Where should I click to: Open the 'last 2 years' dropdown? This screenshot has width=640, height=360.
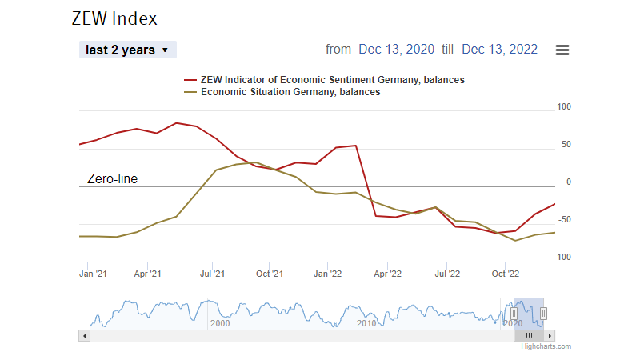pyautogui.click(x=128, y=50)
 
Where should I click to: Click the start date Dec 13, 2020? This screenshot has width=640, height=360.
pyautogui.click(x=397, y=50)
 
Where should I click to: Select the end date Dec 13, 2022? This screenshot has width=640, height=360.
pyautogui.click(x=500, y=50)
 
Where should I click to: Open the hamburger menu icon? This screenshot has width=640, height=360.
pyautogui.click(x=562, y=50)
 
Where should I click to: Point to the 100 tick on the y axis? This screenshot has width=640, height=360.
pyautogui.click(x=563, y=107)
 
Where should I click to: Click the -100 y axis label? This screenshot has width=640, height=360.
pyautogui.click(x=562, y=257)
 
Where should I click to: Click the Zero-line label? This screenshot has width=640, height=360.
pyautogui.click(x=112, y=179)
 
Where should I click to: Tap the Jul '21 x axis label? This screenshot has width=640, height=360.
pyautogui.click(x=211, y=274)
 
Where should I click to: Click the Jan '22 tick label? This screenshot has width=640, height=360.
pyautogui.click(x=328, y=274)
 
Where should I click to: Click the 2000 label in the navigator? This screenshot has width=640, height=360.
pyautogui.click(x=219, y=322)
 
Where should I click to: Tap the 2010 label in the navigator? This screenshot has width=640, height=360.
pyautogui.click(x=366, y=322)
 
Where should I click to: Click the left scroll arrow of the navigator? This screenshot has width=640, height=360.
pyautogui.click(x=83, y=335)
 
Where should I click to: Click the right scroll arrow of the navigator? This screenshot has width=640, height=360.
pyautogui.click(x=550, y=335)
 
